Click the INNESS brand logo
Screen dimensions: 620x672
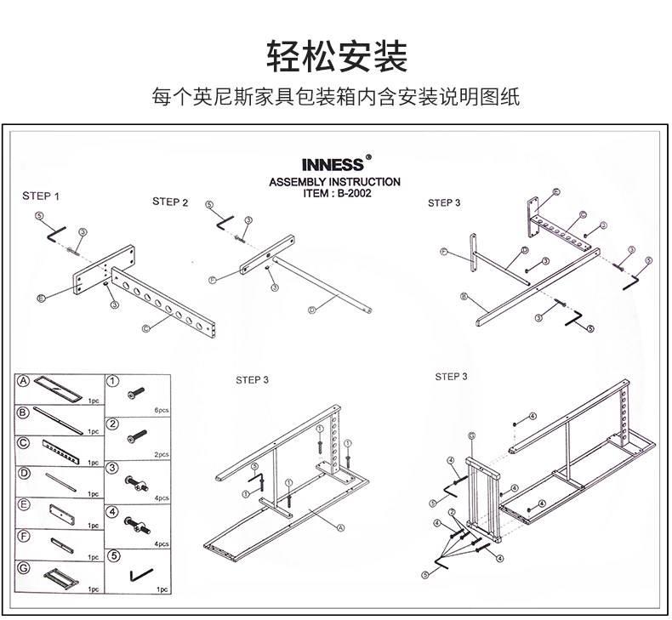[333, 165]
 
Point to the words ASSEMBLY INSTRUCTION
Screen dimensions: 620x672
[334, 182]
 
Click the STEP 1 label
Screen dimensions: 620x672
[41, 196]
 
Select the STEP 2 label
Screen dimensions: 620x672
[170, 202]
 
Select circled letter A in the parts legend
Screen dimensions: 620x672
[26, 383]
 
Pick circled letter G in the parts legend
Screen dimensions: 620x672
[26, 566]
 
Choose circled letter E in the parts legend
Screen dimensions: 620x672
[26, 505]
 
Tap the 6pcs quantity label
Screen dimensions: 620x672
[162, 409]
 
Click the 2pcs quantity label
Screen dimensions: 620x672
[162, 455]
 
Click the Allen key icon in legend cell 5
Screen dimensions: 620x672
[137, 576]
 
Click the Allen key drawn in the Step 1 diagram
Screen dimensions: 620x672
[56, 232]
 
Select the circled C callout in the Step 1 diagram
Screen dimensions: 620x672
[145, 327]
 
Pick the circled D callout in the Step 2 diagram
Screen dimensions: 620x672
[311, 310]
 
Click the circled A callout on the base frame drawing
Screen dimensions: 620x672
[340, 527]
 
